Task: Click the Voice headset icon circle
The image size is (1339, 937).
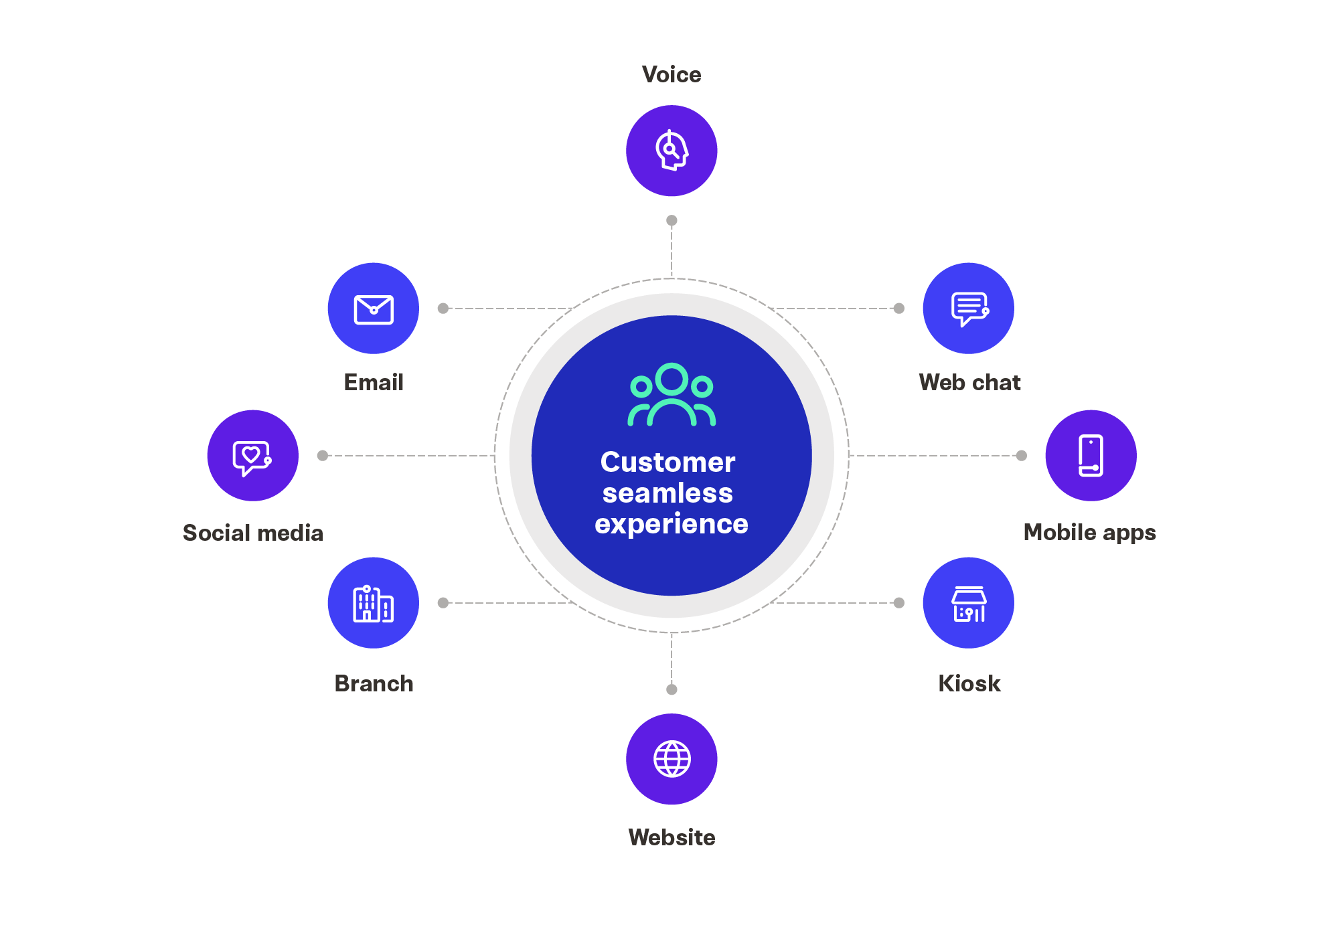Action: point(672,151)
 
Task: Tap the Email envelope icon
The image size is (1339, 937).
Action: point(374,309)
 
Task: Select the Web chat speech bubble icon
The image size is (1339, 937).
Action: point(969,309)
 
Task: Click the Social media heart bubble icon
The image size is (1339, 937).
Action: point(252,456)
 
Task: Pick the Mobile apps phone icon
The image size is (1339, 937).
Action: point(1091,456)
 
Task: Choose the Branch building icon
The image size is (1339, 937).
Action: point(374,603)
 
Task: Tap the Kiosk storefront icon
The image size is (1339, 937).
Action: point(969,603)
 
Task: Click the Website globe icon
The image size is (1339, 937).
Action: point(672,759)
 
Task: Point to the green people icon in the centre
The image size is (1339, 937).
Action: point(672,395)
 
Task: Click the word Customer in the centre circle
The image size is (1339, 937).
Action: point(668,462)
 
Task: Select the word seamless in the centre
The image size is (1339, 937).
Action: point(668,493)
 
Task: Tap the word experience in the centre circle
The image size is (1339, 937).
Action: point(672,524)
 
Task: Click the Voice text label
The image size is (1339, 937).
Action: point(672,74)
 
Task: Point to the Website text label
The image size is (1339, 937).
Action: point(672,837)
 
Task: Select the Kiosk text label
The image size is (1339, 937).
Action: point(969,683)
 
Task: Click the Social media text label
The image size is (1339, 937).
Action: point(253,533)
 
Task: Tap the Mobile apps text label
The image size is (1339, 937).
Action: point(1089,533)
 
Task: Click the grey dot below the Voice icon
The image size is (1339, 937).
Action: point(672,220)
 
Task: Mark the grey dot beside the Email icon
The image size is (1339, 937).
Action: point(443,309)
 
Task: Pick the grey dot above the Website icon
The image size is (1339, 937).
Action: point(672,689)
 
